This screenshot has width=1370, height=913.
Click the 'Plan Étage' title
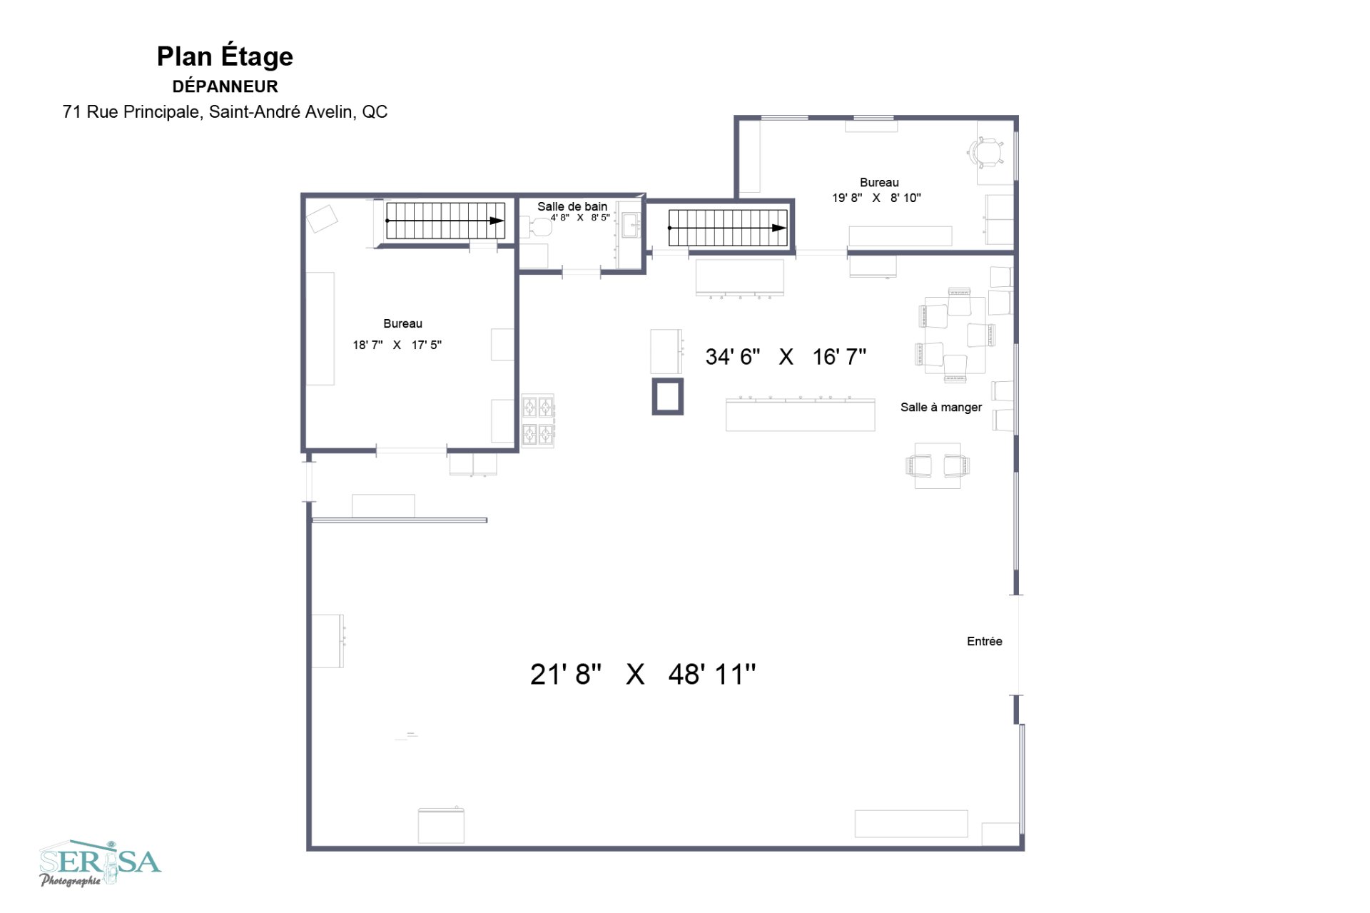click(x=225, y=56)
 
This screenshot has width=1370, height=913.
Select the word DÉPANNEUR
click(x=225, y=86)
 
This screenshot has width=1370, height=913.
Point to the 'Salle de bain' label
click(x=572, y=206)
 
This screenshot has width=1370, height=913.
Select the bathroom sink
click(x=630, y=226)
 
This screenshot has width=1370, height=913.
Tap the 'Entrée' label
click(x=984, y=641)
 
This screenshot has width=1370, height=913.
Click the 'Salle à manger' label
click(x=940, y=407)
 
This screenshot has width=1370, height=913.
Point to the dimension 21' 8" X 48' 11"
click(x=642, y=674)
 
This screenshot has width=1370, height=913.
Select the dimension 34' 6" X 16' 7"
click(x=786, y=356)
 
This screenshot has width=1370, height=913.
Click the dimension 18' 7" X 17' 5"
click(x=397, y=345)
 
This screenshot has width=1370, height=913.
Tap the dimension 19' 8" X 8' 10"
click(x=876, y=198)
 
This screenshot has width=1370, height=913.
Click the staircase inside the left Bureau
click(x=445, y=221)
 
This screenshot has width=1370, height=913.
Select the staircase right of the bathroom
click(x=727, y=228)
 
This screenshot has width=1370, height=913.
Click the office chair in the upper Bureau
click(x=985, y=151)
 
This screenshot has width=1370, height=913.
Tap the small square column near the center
click(x=667, y=396)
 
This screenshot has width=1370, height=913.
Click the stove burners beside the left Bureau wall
click(x=538, y=420)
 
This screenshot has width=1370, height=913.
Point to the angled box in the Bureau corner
click(x=322, y=218)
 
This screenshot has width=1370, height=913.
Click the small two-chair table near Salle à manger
click(x=938, y=465)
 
